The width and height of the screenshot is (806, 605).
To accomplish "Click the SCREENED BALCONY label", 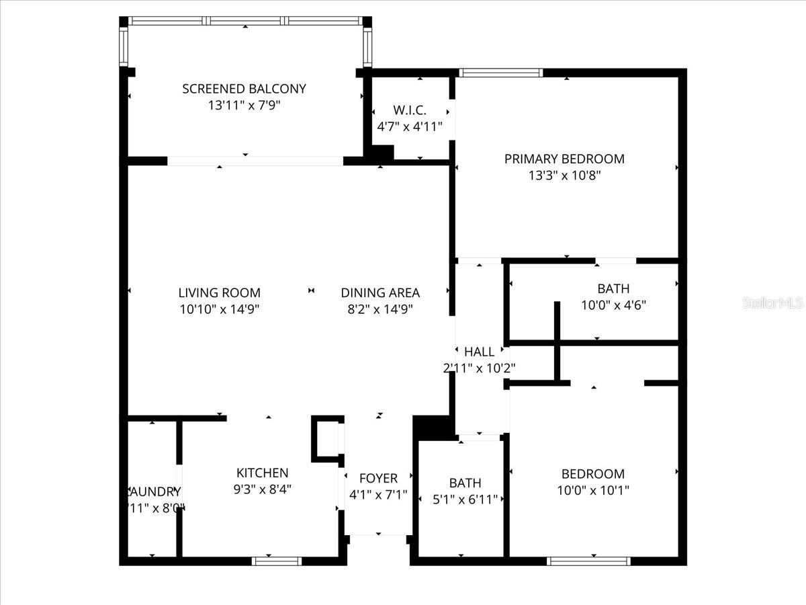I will click(x=244, y=88).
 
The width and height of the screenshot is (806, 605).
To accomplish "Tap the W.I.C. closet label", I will click(x=410, y=110).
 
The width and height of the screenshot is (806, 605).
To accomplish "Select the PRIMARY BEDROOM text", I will click(x=564, y=159).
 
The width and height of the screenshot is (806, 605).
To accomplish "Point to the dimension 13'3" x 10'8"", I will click(x=564, y=175).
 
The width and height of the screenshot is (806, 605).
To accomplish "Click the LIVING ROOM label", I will click(x=219, y=292).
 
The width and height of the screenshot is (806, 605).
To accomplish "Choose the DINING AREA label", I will click(x=380, y=292).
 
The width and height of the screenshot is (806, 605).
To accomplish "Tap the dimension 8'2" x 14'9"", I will click(x=380, y=309).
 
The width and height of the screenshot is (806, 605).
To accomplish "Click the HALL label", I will click(x=479, y=351).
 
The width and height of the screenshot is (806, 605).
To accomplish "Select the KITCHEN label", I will click(x=262, y=473).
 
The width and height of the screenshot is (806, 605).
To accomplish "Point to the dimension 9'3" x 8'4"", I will click(x=262, y=489).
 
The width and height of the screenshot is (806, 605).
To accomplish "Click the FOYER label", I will click(x=378, y=478).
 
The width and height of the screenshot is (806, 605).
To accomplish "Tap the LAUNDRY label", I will click(x=154, y=491).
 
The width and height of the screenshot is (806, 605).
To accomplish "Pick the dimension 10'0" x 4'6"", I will click(x=613, y=305).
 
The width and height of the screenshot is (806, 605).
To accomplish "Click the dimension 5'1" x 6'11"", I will click(x=465, y=499).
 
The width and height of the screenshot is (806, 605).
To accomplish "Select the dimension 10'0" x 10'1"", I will click(x=593, y=490).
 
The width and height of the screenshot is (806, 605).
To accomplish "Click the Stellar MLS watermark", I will click(x=772, y=303).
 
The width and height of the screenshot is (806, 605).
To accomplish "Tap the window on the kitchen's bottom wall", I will click(x=277, y=561).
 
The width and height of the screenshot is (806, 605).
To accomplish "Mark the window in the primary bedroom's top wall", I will click(x=500, y=73).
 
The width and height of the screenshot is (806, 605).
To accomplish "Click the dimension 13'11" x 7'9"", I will click(x=244, y=105).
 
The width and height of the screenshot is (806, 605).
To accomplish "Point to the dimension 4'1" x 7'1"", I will click(x=378, y=495).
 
